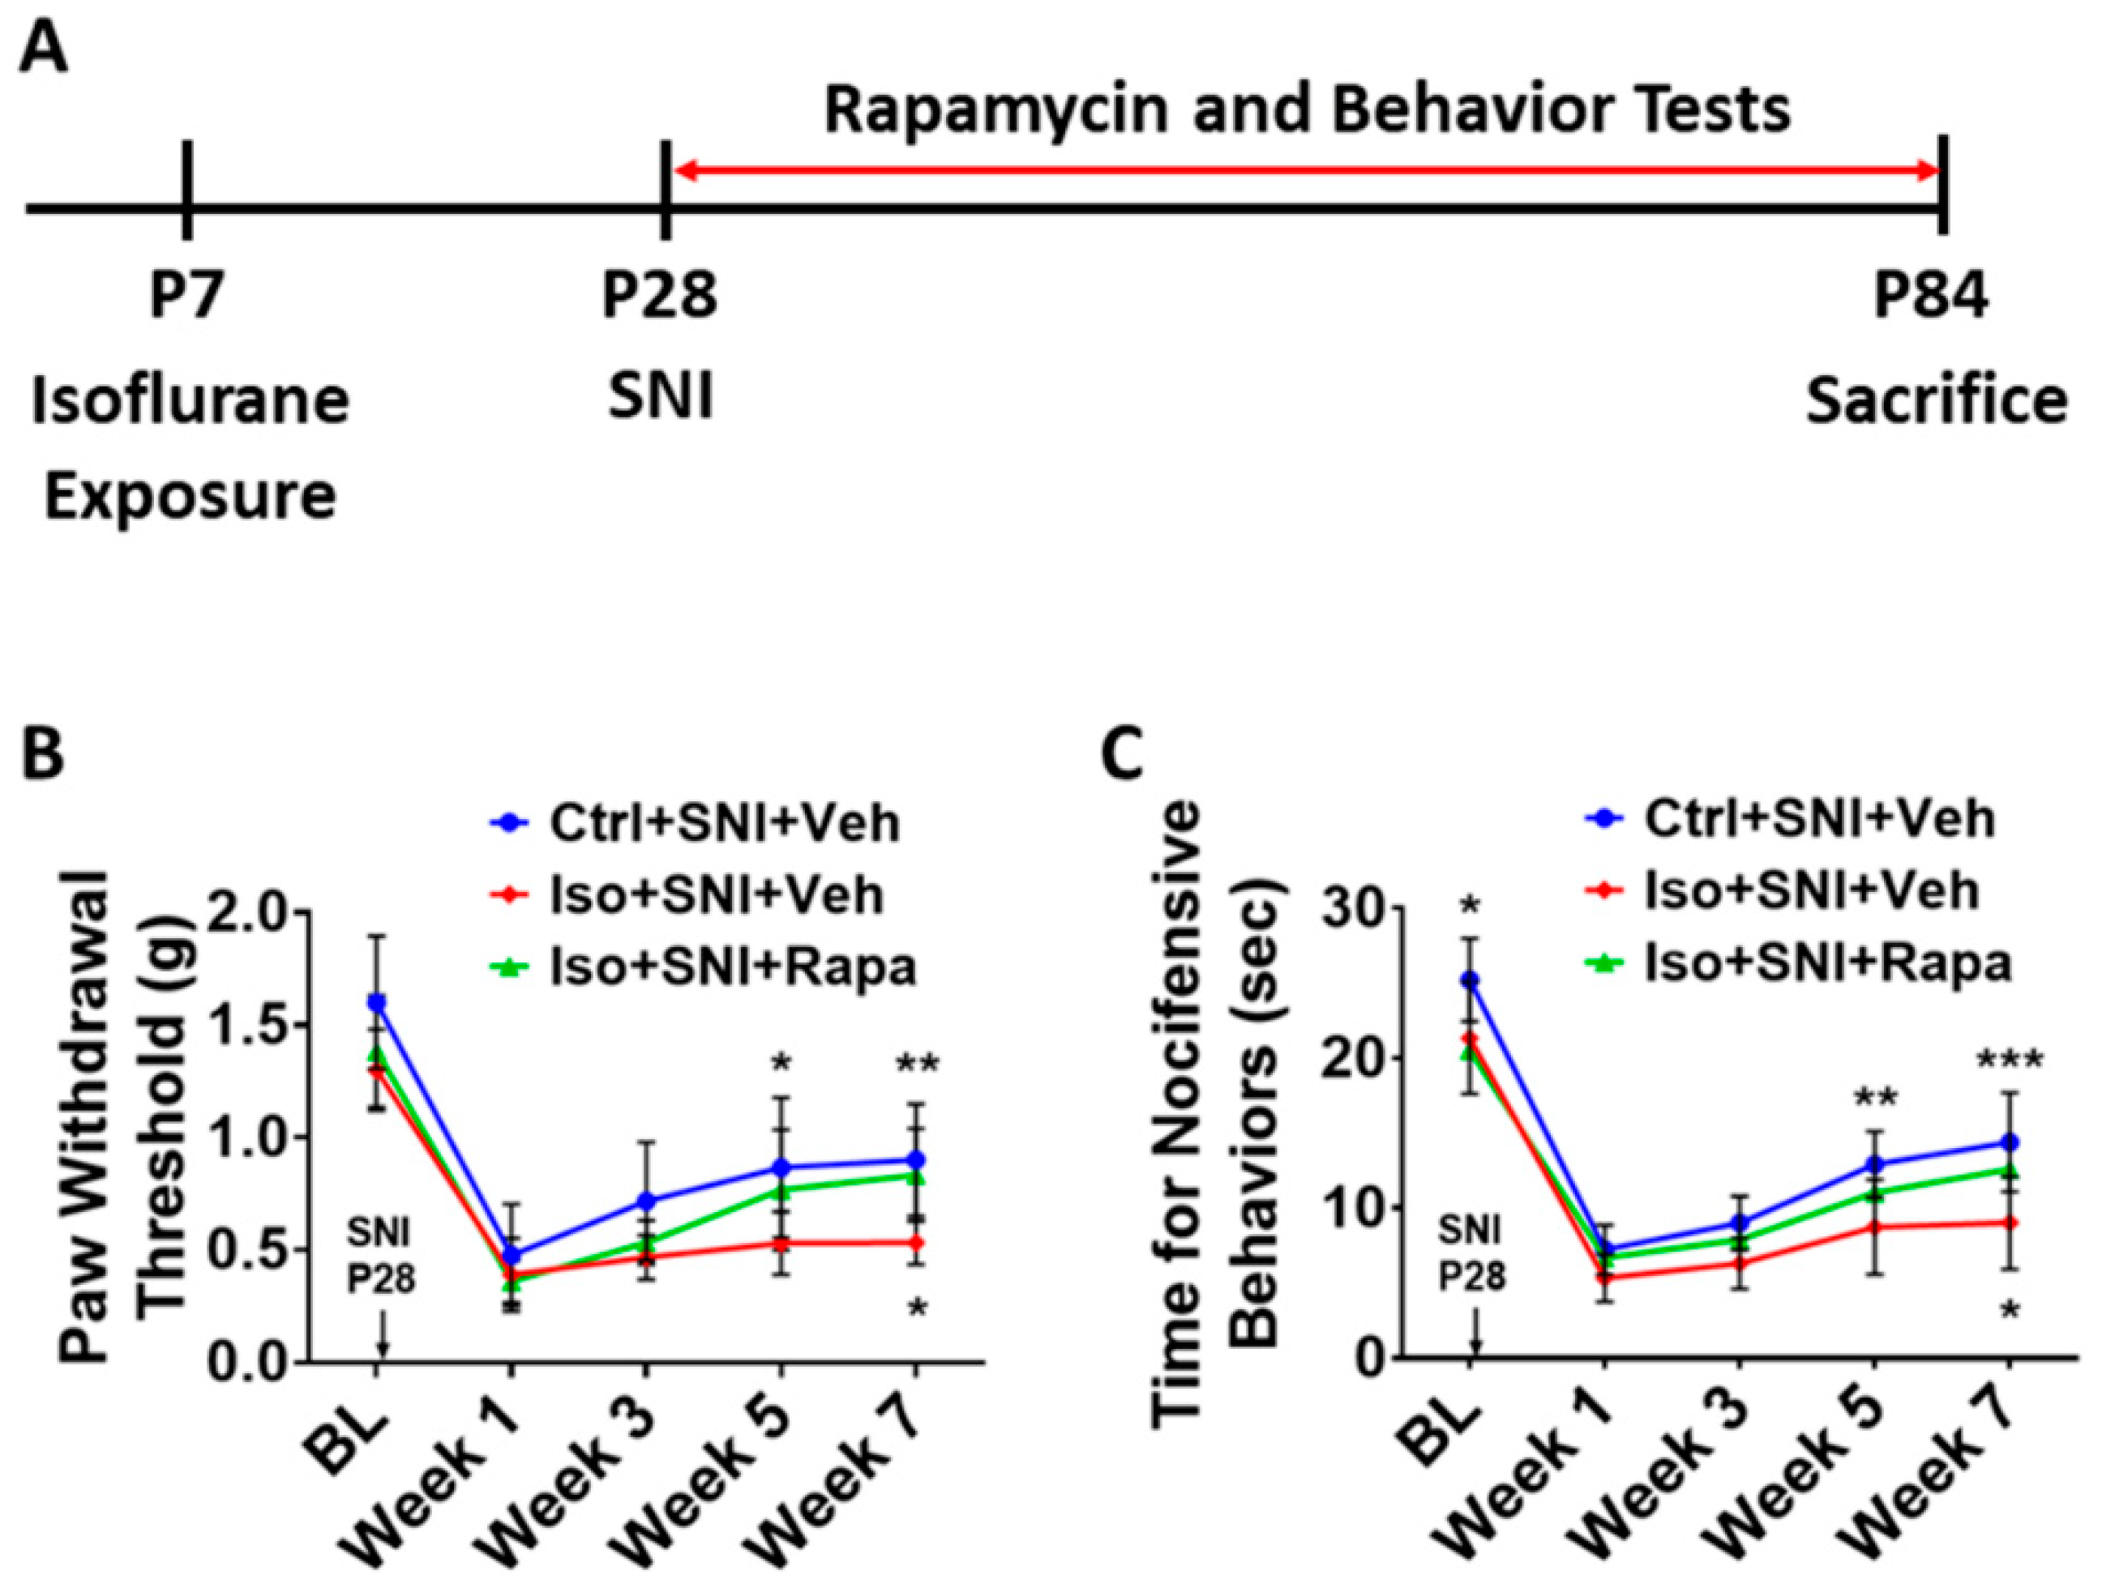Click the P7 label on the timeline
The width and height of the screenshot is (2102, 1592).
187,297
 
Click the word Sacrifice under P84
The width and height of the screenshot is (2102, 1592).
1936,400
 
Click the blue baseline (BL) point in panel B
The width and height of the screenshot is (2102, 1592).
377,1002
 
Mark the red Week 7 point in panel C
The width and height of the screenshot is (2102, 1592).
2009,1223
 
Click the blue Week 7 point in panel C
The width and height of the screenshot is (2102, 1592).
2009,1142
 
